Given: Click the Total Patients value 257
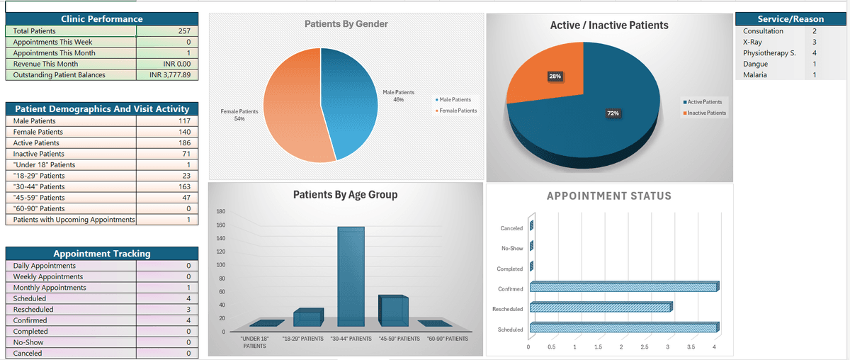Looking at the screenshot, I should [x=184, y=31].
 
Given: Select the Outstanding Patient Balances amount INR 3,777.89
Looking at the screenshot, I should [x=170, y=75].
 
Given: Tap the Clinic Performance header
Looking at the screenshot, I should [x=102, y=19].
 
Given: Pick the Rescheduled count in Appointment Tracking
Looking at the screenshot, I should [x=188, y=310].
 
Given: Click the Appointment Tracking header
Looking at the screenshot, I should [x=102, y=254].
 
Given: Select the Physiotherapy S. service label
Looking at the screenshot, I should [x=769, y=53].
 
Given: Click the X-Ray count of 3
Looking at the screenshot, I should [x=815, y=43].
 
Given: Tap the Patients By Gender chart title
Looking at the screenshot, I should [x=346, y=24].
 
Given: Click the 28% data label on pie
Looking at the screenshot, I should [x=555, y=76].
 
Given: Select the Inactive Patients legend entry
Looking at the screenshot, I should [x=704, y=113].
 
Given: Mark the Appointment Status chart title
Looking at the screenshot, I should [x=608, y=196].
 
